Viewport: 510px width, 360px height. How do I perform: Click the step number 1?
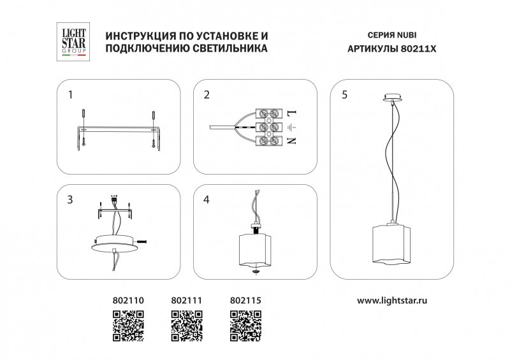coord(70,95)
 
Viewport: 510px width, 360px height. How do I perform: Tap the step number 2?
coord(207,95)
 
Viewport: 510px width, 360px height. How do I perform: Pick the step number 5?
coord(344,95)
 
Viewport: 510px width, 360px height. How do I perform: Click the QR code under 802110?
coord(128,326)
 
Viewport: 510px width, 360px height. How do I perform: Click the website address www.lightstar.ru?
coord(391,299)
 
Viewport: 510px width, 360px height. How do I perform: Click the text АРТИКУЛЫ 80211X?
coord(392,48)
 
